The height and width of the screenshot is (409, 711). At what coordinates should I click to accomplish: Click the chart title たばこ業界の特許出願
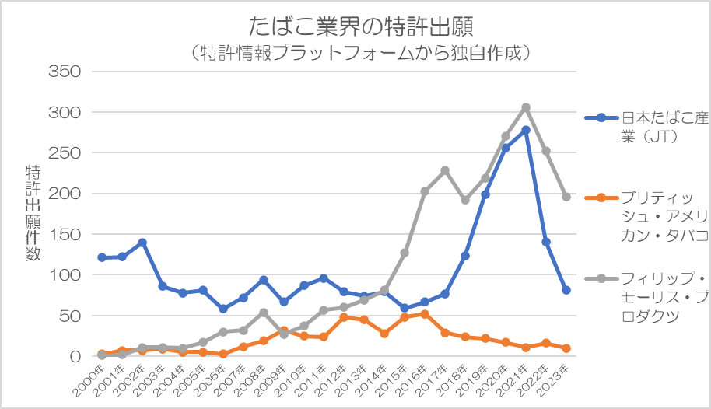(x=362, y=26)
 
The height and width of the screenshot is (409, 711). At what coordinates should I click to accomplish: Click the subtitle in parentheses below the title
(x=362, y=54)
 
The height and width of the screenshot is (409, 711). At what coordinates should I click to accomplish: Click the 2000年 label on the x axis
(x=92, y=377)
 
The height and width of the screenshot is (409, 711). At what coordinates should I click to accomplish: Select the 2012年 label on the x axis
(x=334, y=377)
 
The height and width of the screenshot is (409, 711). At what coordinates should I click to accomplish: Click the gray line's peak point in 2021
(x=526, y=107)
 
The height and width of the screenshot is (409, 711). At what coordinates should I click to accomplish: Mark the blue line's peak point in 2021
(x=526, y=130)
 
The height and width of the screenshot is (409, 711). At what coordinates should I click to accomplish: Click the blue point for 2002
(x=142, y=243)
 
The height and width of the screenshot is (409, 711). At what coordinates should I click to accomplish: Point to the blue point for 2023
(x=566, y=290)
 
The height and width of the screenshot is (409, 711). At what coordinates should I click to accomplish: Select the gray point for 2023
(x=566, y=197)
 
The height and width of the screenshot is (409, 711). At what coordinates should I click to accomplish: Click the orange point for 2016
(x=425, y=314)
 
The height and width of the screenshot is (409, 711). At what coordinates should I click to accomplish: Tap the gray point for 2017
(x=445, y=170)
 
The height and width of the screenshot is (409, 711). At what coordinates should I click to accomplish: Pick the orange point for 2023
(x=566, y=348)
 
